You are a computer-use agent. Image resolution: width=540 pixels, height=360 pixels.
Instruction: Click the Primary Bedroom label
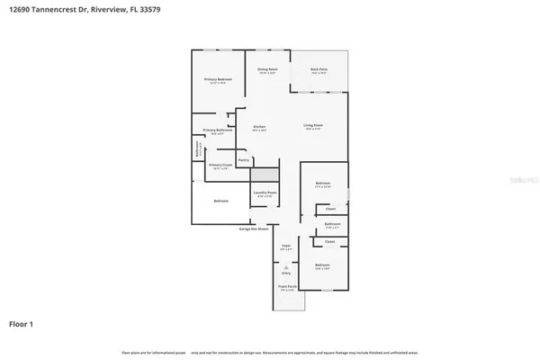[218, 80]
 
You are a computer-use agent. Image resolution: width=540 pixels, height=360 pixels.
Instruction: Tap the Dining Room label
[267, 69]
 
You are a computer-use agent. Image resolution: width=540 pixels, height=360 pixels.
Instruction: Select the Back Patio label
[319, 69]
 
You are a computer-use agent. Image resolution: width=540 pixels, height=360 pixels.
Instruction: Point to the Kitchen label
[258, 127]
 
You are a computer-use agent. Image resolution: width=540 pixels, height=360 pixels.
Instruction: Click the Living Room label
[312, 127]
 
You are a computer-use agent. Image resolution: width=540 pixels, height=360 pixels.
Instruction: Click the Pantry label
[243, 159]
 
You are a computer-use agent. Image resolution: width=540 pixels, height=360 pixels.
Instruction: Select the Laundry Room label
[265, 193]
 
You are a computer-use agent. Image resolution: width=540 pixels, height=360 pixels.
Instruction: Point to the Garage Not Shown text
[256, 229]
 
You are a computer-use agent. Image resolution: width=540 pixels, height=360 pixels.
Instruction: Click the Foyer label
[285, 246]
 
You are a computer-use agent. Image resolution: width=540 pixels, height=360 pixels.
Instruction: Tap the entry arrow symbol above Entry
[286, 267]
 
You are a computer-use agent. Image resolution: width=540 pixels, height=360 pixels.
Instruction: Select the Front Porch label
[286, 289]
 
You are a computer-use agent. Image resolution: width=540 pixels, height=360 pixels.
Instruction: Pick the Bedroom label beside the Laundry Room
[220, 200]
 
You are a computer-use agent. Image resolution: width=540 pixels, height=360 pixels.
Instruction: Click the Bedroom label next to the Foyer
[322, 265]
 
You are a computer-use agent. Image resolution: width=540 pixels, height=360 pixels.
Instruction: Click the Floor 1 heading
[22, 322]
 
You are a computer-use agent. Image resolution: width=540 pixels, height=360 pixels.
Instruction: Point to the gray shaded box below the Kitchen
[265, 175]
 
